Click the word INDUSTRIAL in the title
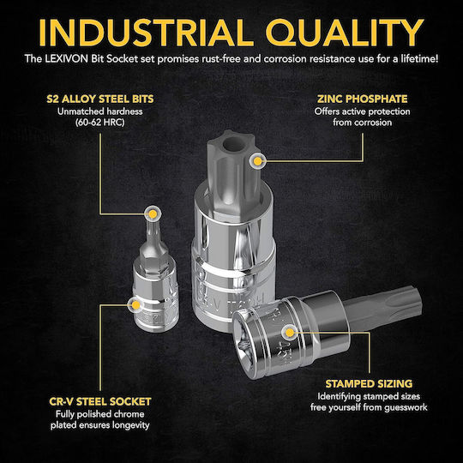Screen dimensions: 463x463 point(146,33)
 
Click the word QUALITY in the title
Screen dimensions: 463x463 point(345,33)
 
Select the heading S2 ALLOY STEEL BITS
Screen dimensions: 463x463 point(100,99)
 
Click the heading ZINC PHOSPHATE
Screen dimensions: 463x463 point(363,99)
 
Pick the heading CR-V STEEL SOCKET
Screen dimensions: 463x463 point(100,402)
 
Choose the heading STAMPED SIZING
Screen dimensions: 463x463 point(369,384)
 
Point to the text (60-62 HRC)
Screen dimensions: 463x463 point(100,123)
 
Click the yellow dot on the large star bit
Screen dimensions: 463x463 point(258,161)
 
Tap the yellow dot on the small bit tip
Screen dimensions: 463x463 point(153,213)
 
